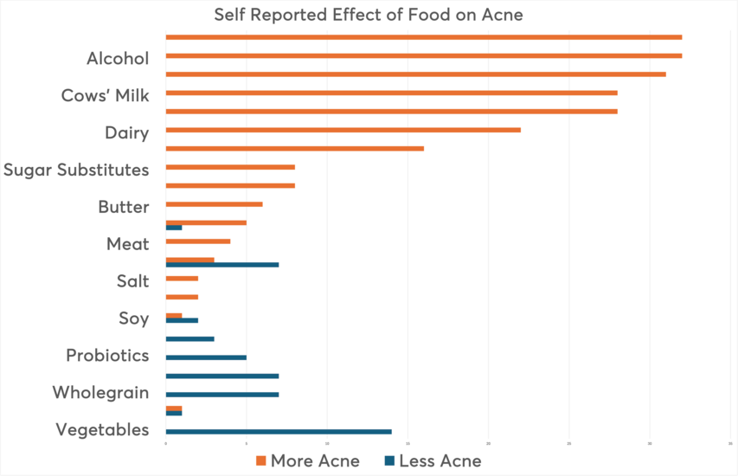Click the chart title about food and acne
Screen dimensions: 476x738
pyautogui.click(x=369, y=15)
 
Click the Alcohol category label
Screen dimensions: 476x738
pyautogui.click(x=118, y=59)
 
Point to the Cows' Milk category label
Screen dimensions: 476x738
pyautogui.click(x=105, y=96)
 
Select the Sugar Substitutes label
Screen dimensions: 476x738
pyautogui.click(x=76, y=170)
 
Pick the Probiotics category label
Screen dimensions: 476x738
pyautogui.click(x=107, y=356)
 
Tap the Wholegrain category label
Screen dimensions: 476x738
pyautogui.click(x=100, y=393)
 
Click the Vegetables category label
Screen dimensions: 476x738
pyautogui.click(x=102, y=430)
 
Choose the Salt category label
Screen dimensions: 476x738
pyautogui.click(x=132, y=281)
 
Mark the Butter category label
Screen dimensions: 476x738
pyautogui.click(x=124, y=207)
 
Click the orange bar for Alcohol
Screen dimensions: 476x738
pyautogui.click(x=423, y=55)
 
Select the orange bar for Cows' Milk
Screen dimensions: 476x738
pyautogui.click(x=391, y=93)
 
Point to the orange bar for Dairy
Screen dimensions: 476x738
pyautogui.click(x=343, y=130)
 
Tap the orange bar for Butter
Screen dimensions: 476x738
pyautogui.click(x=214, y=204)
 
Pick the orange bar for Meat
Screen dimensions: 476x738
pyautogui.click(x=197, y=241)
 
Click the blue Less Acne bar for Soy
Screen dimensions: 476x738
pyautogui.click(x=182, y=320)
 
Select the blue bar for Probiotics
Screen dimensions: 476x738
pyautogui.click(x=206, y=357)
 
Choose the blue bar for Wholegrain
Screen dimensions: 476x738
pyautogui.click(x=221, y=395)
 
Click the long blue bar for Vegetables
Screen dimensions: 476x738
pyautogui.click(x=278, y=431)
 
